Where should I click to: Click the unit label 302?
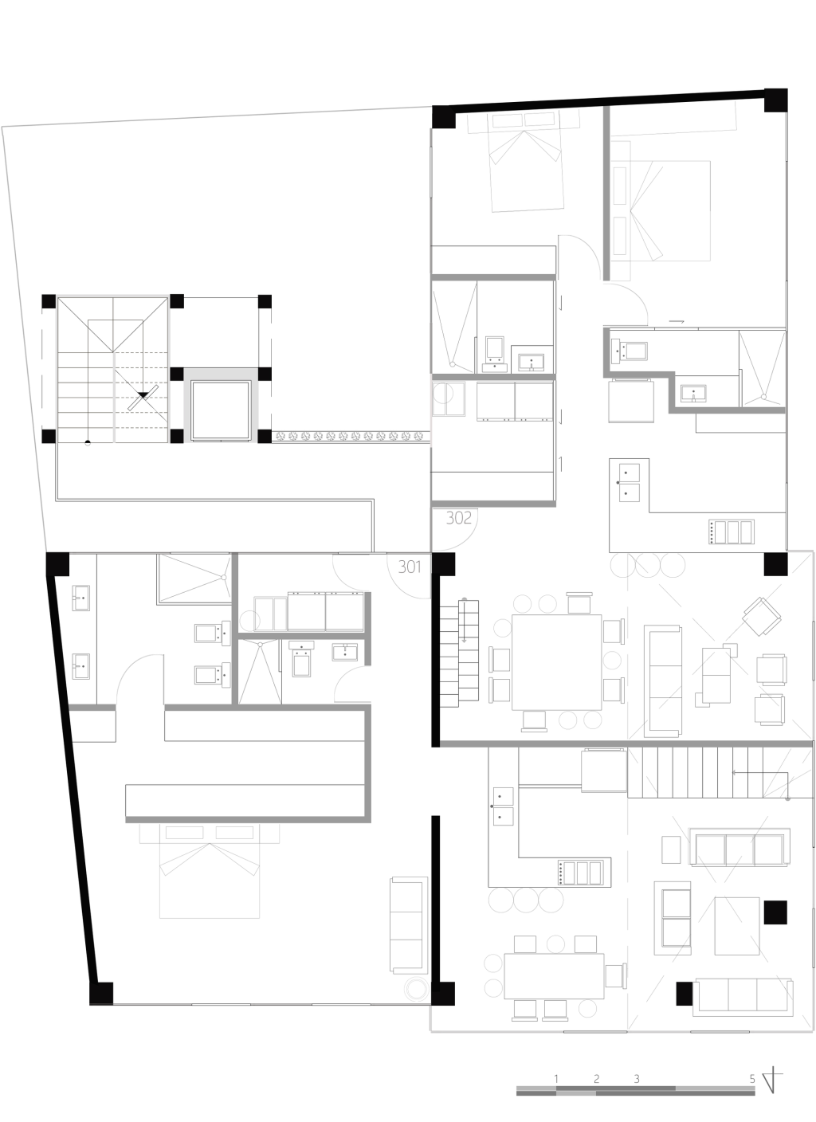(x=458, y=517)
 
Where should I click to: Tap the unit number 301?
(x=410, y=567)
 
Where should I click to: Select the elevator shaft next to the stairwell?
(x=221, y=410)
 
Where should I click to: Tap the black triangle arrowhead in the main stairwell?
(x=143, y=395)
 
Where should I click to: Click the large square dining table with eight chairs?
(x=556, y=662)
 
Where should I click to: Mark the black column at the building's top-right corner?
(x=775, y=100)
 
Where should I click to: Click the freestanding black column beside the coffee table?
(x=775, y=912)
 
